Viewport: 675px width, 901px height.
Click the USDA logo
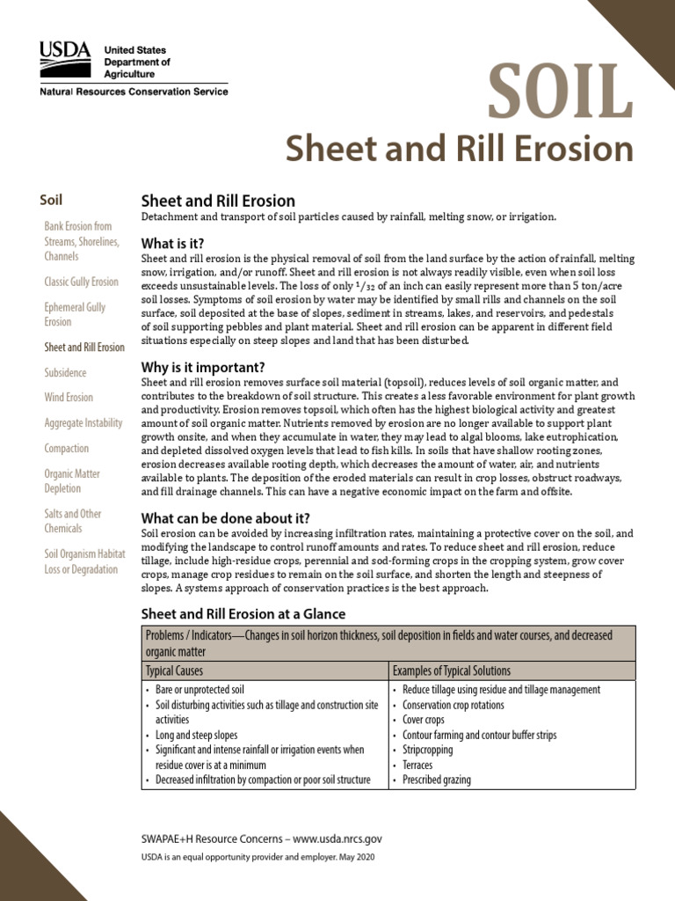click(64, 58)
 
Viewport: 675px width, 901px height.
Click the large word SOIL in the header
click(560, 93)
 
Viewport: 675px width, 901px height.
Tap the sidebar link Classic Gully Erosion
click(81, 282)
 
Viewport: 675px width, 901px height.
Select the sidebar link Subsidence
click(65, 372)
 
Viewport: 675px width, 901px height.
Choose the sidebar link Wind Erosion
click(69, 398)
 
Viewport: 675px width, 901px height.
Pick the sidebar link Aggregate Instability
click(83, 423)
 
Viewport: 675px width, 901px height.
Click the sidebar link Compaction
click(67, 449)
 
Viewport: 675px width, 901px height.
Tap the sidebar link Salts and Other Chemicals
click(73, 521)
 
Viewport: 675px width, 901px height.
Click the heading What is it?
click(172, 243)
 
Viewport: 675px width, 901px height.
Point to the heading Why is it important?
click(203, 366)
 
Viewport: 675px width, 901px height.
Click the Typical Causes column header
click(178, 670)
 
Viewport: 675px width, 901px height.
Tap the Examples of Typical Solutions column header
click(451, 670)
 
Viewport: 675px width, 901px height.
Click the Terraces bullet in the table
click(424, 765)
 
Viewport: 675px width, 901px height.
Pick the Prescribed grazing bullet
click(436, 780)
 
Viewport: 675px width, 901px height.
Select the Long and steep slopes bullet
click(196, 735)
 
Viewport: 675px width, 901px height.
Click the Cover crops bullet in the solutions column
click(427, 720)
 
